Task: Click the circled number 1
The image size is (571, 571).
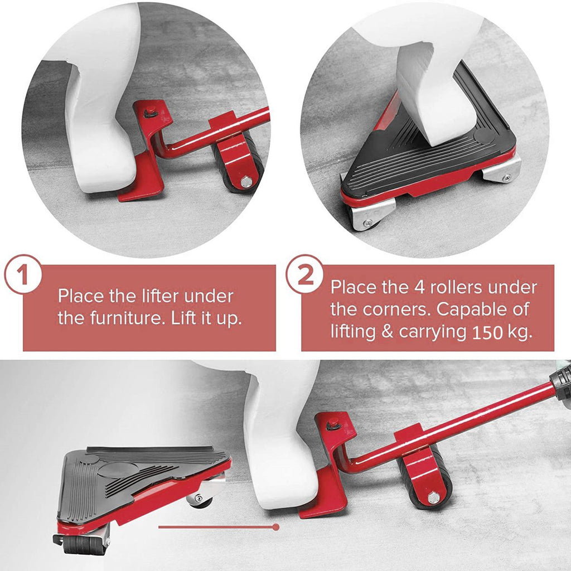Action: point(23,274)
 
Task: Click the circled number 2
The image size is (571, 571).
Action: point(305,274)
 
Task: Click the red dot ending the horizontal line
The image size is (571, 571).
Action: point(276,526)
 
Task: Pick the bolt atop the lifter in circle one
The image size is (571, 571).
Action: point(150,113)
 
